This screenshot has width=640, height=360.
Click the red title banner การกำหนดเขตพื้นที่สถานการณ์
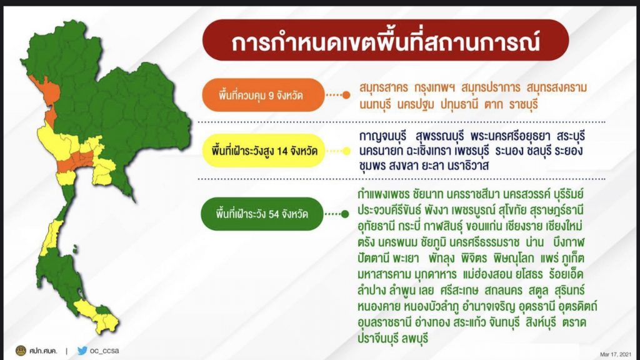coord(385,41)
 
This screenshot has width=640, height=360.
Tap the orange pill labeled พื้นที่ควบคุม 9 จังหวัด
coord(263,95)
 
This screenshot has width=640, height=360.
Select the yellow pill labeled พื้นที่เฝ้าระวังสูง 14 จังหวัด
coord(263,151)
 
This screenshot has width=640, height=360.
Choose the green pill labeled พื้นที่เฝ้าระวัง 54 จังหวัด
coord(262,214)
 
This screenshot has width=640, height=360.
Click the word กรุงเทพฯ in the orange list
coord(434,87)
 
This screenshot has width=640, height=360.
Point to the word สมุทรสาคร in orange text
coord(383,87)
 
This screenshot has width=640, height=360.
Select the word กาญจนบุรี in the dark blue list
coord(384,136)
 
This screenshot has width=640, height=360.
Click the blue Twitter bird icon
coord(82,351)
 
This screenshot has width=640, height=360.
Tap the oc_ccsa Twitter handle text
coord(104,351)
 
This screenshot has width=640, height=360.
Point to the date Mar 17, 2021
coord(615,354)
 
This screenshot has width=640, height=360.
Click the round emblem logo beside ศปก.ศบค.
coord(21,350)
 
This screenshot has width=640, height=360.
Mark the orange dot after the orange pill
coord(346,95)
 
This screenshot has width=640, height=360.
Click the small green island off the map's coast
coord(75,249)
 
